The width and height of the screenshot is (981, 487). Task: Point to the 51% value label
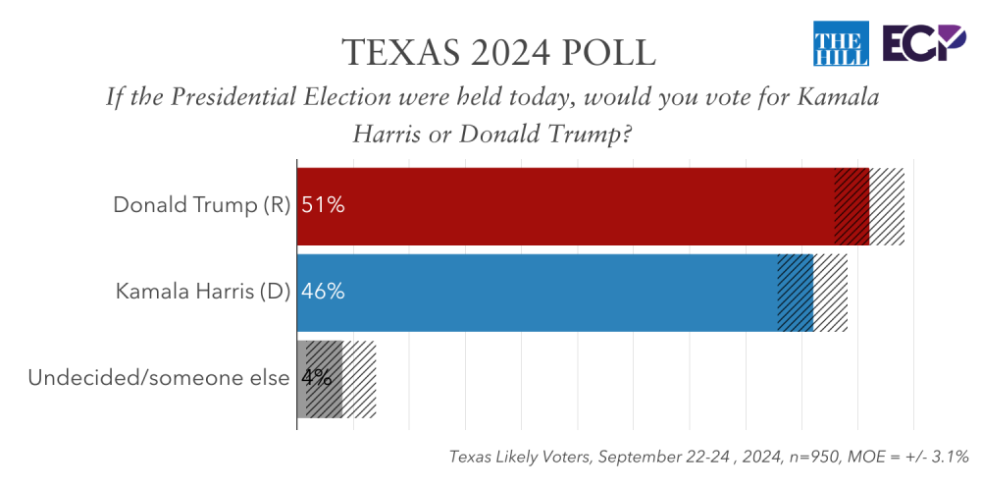pyautogui.click(x=323, y=206)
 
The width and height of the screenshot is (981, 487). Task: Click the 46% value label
pyautogui.click(x=323, y=292)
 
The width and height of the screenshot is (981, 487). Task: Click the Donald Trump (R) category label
pyautogui.click(x=202, y=206)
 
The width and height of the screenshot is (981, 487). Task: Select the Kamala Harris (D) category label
pyautogui.click(x=203, y=292)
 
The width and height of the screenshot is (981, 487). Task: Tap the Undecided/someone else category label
pyautogui.click(x=159, y=378)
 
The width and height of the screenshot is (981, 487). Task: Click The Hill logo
pyautogui.click(x=841, y=45)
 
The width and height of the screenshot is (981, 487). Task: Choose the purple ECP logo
pyautogui.click(x=922, y=45)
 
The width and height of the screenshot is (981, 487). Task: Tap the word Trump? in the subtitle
pyautogui.click(x=594, y=134)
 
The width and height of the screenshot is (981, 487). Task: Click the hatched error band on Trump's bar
pyautogui.click(x=869, y=206)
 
